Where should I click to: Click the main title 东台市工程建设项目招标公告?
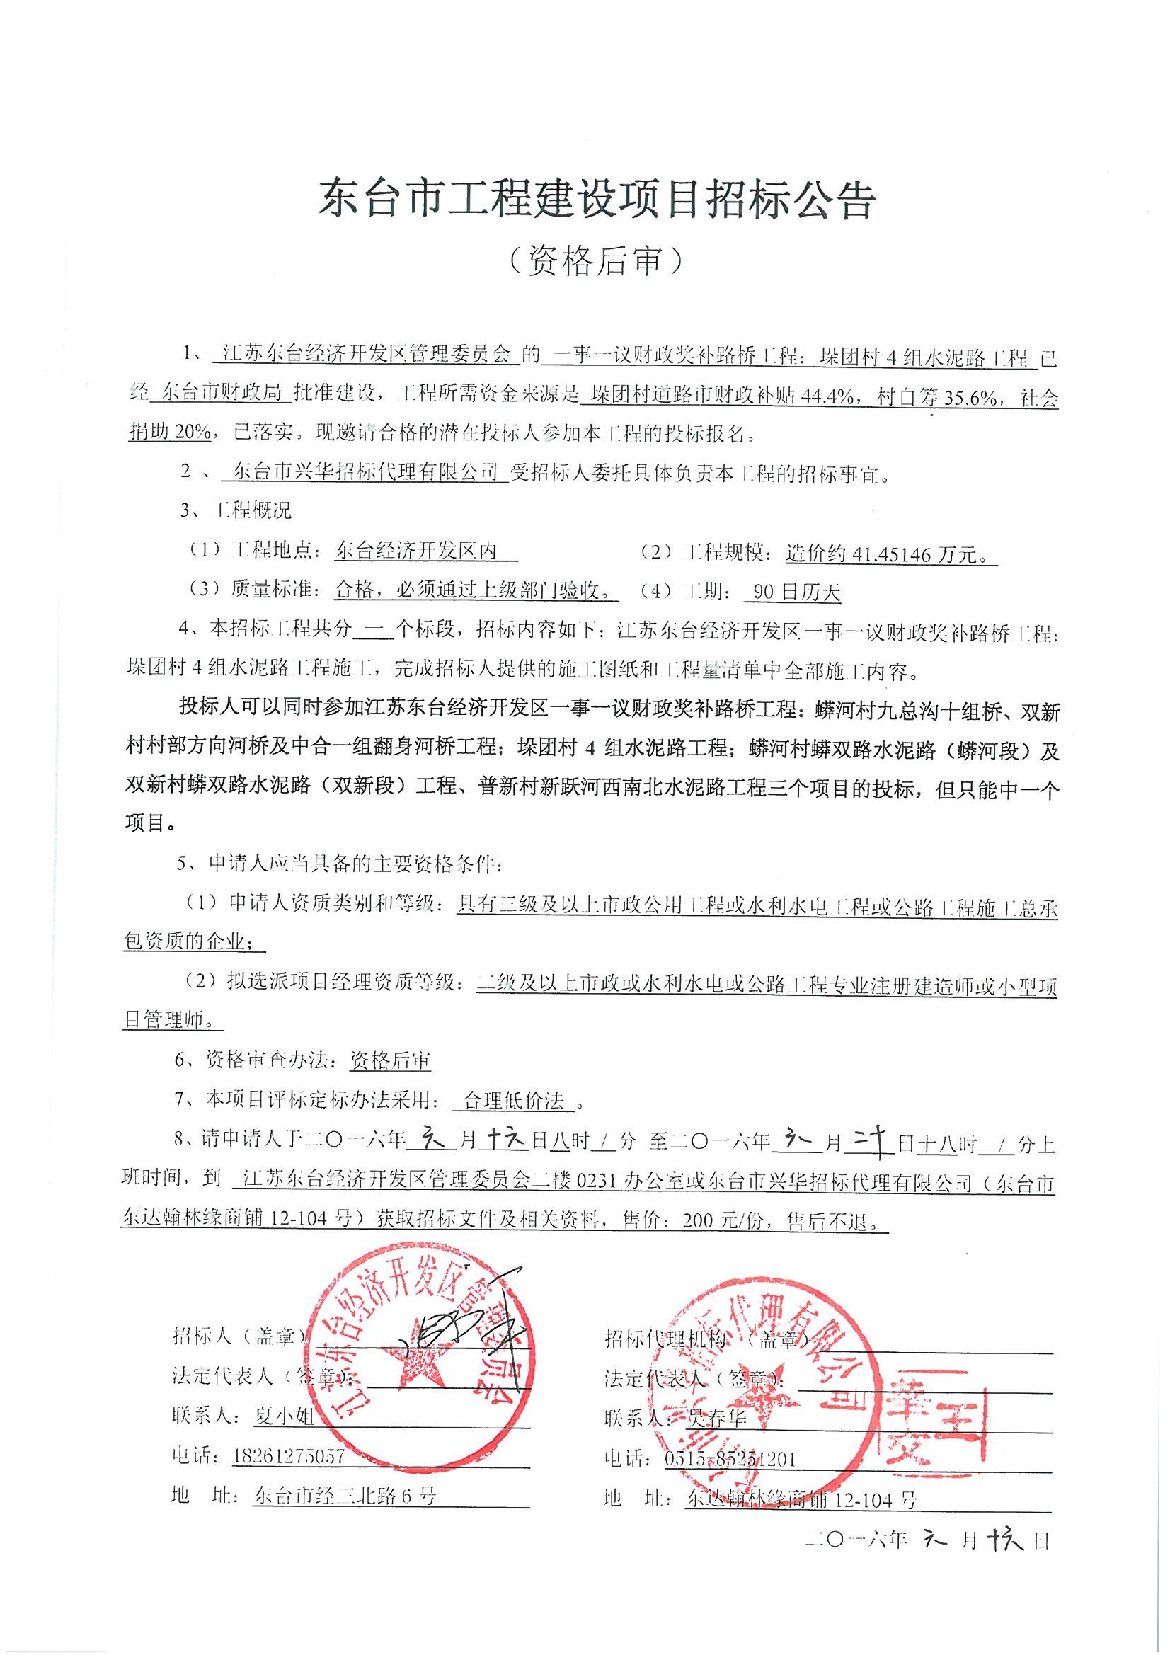coord(596,200)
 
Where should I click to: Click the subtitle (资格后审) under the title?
coord(596,261)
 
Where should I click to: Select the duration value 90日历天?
coord(796,592)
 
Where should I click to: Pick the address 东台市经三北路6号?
coord(345,1496)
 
